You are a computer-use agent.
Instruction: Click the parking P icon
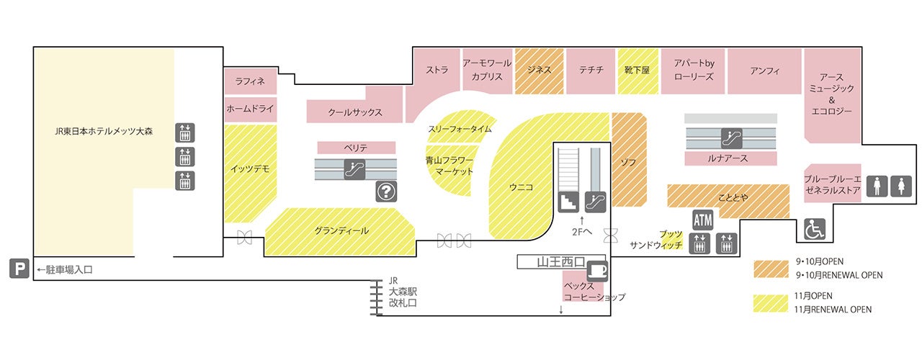pyautogui.click(x=19, y=269)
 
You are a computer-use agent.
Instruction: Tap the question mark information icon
pyautogui.click(x=386, y=192)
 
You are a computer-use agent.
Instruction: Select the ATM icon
pyautogui.click(x=702, y=220)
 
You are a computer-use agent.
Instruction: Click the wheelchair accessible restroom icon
pyautogui.click(x=815, y=229)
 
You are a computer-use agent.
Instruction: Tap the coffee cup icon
pyautogui.click(x=596, y=271)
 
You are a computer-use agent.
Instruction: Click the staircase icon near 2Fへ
pyautogui.click(x=568, y=202)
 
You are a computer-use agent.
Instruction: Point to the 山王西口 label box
pyautogui.click(x=561, y=261)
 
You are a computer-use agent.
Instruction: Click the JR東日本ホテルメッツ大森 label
pyautogui.click(x=104, y=131)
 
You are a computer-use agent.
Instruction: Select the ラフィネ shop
pyautogui.click(x=250, y=81)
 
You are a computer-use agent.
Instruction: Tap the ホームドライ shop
pyautogui.click(x=250, y=109)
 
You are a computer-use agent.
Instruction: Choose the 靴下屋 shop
pyautogui.click(x=637, y=71)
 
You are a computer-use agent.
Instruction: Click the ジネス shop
pyautogui.click(x=540, y=71)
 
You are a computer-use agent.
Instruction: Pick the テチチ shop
pyautogui.click(x=591, y=71)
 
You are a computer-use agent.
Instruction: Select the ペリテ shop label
pyautogui.click(x=356, y=148)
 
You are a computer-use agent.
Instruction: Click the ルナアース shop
pyautogui.click(x=730, y=158)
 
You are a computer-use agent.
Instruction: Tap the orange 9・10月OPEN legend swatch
pyautogui.click(x=771, y=269)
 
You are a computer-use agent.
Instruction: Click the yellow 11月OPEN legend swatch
pyautogui.click(x=771, y=304)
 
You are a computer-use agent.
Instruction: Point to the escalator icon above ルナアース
pyautogui.click(x=731, y=138)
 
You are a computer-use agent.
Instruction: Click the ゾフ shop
pyautogui.click(x=629, y=160)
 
